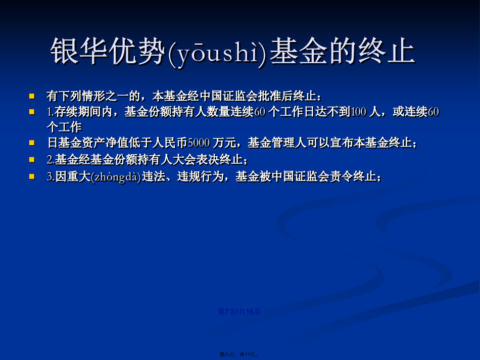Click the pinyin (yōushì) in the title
218,52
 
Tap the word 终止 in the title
387,51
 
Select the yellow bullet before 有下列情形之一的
32,96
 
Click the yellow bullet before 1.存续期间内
32,112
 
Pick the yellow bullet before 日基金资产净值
32,143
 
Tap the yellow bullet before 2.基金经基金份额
32,160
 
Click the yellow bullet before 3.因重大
32,176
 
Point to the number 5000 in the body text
199,143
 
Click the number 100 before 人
358,112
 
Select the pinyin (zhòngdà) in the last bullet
116,177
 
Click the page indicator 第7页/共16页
239,311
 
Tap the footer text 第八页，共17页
239,354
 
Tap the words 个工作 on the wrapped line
64,127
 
